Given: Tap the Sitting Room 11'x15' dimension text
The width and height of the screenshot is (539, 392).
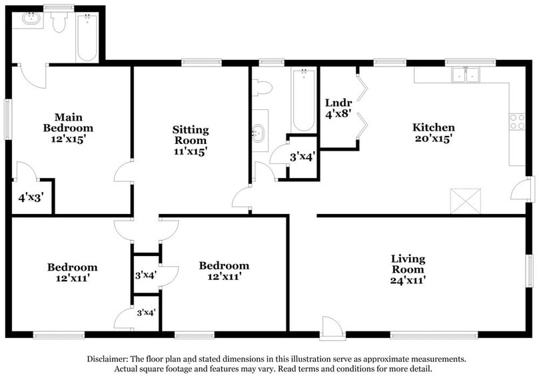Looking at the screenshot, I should pos(191,151).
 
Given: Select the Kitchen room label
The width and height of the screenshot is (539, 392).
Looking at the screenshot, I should pos(433,127).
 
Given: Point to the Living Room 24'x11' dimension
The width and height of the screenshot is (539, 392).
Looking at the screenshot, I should pos(408,281).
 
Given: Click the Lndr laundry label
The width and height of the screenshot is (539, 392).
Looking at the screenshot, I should pos(338,103).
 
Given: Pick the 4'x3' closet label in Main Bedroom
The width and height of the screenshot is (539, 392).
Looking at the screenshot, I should pos(31,198).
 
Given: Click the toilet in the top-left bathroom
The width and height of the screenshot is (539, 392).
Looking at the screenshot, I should pos(59,23).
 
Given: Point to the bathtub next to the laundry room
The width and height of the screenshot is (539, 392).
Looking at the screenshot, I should pos(303,100).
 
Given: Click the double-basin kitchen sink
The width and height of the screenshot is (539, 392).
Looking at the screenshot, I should pos(466,75).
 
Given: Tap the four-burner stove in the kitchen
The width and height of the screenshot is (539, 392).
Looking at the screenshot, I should pos(517,121).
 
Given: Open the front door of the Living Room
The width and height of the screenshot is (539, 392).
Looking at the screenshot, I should pos(331,327).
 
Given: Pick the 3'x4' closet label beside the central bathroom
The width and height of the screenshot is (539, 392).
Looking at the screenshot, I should pos(302,158).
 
